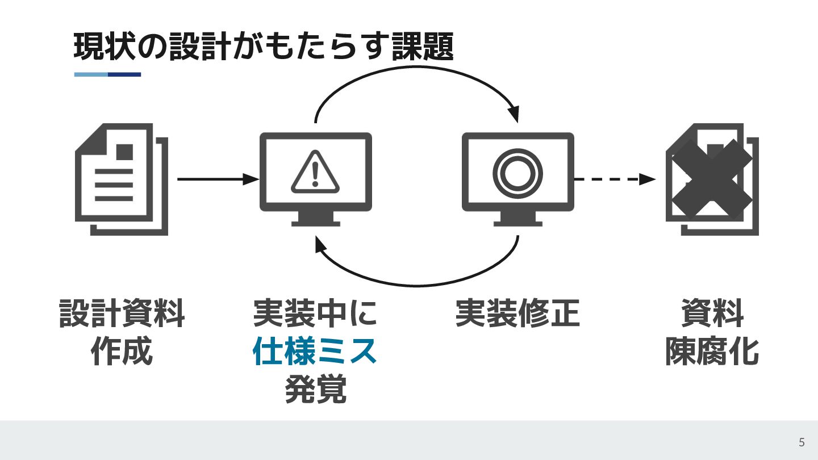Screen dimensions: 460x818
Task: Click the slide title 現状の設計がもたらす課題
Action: point(263,47)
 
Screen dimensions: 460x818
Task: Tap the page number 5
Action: point(802,442)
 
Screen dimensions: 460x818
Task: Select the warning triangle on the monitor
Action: point(315,171)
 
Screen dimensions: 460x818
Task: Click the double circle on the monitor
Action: point(517,172)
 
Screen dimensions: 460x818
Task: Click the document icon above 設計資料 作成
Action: point(121,179)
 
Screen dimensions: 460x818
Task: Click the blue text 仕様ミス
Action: point(315,352)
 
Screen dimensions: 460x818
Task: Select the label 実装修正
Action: point(517,313)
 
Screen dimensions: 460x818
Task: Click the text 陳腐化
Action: point(712,352)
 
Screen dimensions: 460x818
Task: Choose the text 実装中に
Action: point(315,313)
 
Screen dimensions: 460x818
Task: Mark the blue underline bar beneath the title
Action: point(107,74)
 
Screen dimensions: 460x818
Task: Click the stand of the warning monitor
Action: point(315,219)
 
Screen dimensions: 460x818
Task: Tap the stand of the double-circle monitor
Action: point(517,219)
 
